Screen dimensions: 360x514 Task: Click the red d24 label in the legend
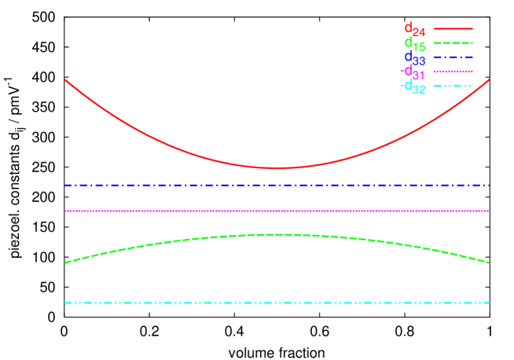(x=414, y=30)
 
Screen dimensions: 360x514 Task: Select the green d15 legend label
(x=414, y=44)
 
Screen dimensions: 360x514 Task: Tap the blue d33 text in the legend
(x=414, y=58)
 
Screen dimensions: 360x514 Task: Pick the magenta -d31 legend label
(x=412, y=72)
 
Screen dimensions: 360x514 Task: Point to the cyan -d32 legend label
(x=412, y=86)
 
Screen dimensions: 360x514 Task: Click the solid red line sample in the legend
(x=453, y=28)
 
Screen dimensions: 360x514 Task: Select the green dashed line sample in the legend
(x=453, y=42)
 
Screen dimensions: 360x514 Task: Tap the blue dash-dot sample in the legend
(x=453, y=57)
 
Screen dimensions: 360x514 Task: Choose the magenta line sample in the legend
(x=453, y=72)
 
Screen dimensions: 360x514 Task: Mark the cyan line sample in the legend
(x=453, y=86)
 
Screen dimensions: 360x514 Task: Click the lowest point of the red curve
(x=277, y=167)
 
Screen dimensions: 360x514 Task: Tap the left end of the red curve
(x=65, y=79)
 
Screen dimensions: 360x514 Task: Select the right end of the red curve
(x=489, y=79)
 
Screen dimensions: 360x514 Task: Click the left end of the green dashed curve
(x=65, y=263)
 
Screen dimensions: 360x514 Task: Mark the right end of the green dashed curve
(x=489, y=263)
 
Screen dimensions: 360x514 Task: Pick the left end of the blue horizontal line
(x=65, y=186)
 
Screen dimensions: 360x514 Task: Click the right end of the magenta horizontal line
(x=489, y=211)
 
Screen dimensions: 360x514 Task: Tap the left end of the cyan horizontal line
(x=65, y=303)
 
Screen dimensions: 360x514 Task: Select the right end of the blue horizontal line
(x=489, y=186)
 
